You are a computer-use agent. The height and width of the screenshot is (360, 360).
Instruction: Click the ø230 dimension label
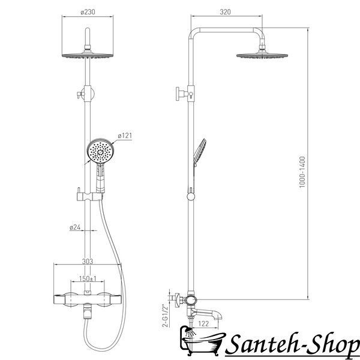click(88, 12)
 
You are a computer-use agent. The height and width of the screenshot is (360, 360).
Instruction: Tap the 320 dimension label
click(225, 12)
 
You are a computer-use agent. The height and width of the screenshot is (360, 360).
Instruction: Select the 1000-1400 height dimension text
click(302, 172)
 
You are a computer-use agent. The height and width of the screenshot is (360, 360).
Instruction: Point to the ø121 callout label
click(125, 136)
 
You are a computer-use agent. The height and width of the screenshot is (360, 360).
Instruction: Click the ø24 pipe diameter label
click(75, 227)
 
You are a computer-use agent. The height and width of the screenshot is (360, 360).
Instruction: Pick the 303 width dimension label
click(88, 261)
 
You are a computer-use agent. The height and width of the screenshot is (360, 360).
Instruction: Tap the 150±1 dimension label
click(88, 279)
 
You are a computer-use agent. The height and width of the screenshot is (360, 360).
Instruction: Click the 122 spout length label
click(203, 324)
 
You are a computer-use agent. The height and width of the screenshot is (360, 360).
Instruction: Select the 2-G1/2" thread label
click(165, 316)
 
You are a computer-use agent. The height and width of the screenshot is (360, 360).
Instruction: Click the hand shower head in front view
click(100, 151)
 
